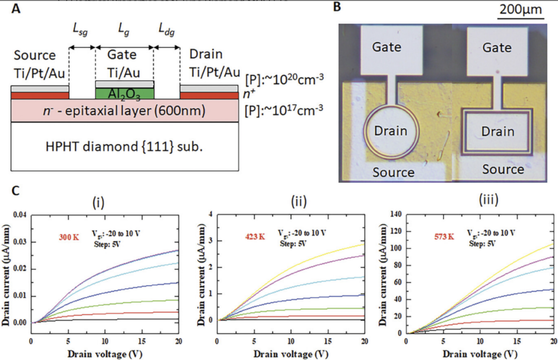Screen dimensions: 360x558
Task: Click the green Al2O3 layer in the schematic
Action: [x=124, y=93]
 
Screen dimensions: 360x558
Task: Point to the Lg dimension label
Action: [x=124, y=32]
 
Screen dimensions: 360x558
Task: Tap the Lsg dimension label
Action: [x=80, y=32]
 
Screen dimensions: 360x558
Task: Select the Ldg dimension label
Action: [x=166, y=32]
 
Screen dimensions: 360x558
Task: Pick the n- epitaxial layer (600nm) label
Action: [x=124, y=111]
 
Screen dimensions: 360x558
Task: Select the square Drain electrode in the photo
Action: [x=497, y=131]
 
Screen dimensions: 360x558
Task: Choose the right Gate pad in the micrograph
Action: [x=497, y=48]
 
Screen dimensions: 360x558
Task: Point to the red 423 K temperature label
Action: [x=255, y=236]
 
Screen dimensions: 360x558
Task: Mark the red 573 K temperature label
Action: [x=443, y=236]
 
